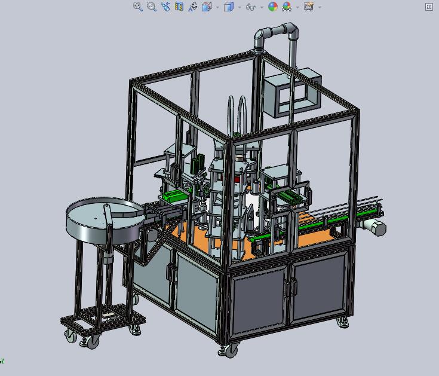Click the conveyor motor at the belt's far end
click(375, 227)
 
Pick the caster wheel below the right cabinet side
click(343, 322)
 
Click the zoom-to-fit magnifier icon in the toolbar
click(138, 7)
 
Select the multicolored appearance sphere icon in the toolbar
click(273, 7)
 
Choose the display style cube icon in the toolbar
click(228, 7)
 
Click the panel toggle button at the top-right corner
click(429, 7)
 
